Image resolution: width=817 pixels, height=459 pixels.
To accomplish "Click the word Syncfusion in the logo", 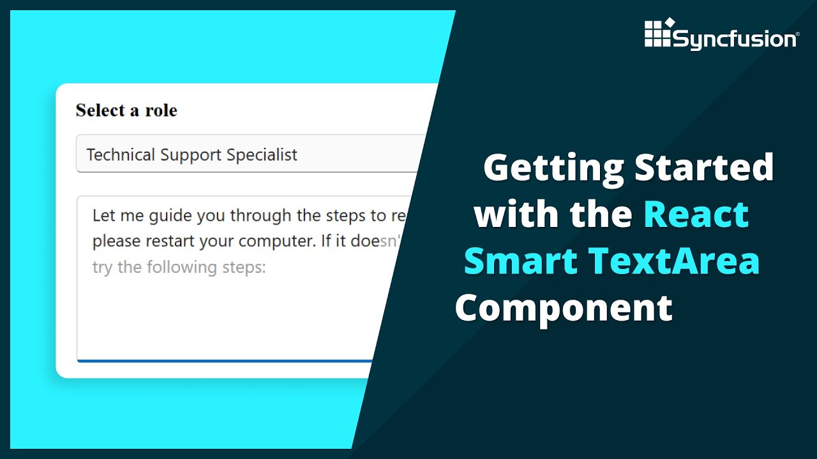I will click(x=735, y=40).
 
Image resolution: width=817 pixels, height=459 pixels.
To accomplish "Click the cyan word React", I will click(x=696, y=214).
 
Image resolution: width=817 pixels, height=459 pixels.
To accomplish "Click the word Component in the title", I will click(x=564, y=308).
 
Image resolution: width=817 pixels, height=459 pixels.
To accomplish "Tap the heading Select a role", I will click(x=126, y=110).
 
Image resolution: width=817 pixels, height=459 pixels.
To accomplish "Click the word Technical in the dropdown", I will click(x=121, y=154).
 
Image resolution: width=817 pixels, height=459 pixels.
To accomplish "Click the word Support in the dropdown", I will click(x=187, y=154).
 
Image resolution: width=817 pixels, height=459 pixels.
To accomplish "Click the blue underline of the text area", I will click(x=223, y=361).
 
